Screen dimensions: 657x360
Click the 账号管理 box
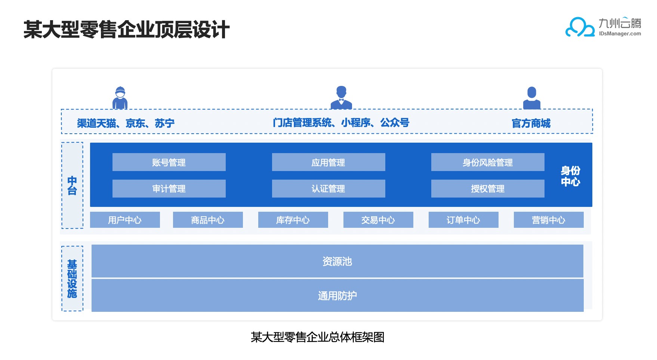[x=169, y=162]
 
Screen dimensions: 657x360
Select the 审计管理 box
[x=169, y=189]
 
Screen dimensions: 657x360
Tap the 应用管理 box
[x=328, y=162]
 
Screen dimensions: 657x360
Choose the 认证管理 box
[x=328, y=189]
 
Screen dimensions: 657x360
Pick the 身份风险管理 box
[x=488, y=162]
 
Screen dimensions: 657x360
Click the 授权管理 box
[x=488, y=189]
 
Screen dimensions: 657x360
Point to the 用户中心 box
[x=125, y=220]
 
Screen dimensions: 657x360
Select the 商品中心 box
[x=208, y=220]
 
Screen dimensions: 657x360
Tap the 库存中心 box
[x=293, y=220]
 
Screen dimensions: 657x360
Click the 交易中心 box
[x=378, y=220]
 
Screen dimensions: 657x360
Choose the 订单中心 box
[x=463, y=220]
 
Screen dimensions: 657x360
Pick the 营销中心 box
[x=549, y=220]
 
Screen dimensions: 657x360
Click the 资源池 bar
[x=337, y=261]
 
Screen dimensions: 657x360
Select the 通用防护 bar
[x=337, y=295]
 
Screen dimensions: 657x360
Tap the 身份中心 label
[x=570, y=176]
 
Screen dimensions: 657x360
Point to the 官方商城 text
[x=531, y=123]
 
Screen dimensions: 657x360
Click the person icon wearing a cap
[x=120, y=98]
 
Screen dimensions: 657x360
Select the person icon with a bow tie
[x=341, y=97]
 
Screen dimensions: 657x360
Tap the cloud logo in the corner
[x=580, y=27]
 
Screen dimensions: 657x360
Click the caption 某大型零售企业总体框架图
[x=318, y=337]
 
